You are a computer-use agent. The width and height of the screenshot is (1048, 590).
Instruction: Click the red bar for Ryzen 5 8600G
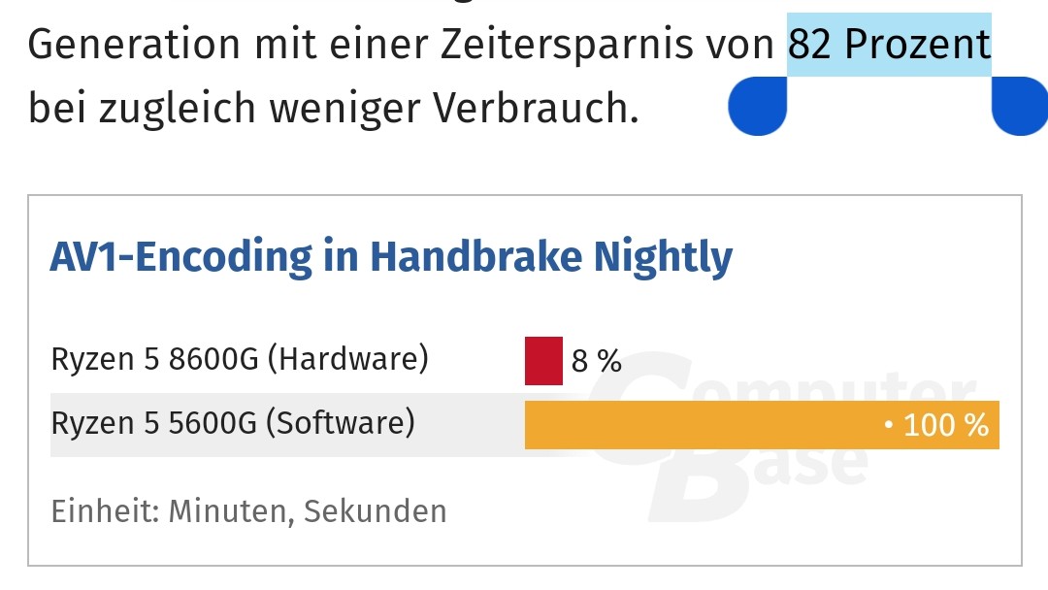[543, 360]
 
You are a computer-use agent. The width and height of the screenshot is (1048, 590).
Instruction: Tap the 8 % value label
[596, 361]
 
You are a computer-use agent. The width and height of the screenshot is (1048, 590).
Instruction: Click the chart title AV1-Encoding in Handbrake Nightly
[391, 257]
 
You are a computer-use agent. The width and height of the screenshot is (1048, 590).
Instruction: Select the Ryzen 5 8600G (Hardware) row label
[239, 360]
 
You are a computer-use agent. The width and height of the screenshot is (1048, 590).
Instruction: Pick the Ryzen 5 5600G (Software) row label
[232, 424]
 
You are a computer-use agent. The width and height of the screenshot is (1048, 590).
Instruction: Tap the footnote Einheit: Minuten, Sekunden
[248, 511]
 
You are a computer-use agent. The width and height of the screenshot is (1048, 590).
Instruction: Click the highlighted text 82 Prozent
[888, 44]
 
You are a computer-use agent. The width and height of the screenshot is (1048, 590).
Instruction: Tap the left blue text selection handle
[758, 107]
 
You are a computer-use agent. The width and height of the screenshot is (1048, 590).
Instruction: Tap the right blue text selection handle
[1019, 107]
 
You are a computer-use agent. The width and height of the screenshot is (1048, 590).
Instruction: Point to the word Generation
[133, 45]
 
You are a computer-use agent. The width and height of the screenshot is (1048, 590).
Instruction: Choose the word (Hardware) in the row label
[346, 360]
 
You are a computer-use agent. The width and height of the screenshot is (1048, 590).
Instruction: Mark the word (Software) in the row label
[340, 424]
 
